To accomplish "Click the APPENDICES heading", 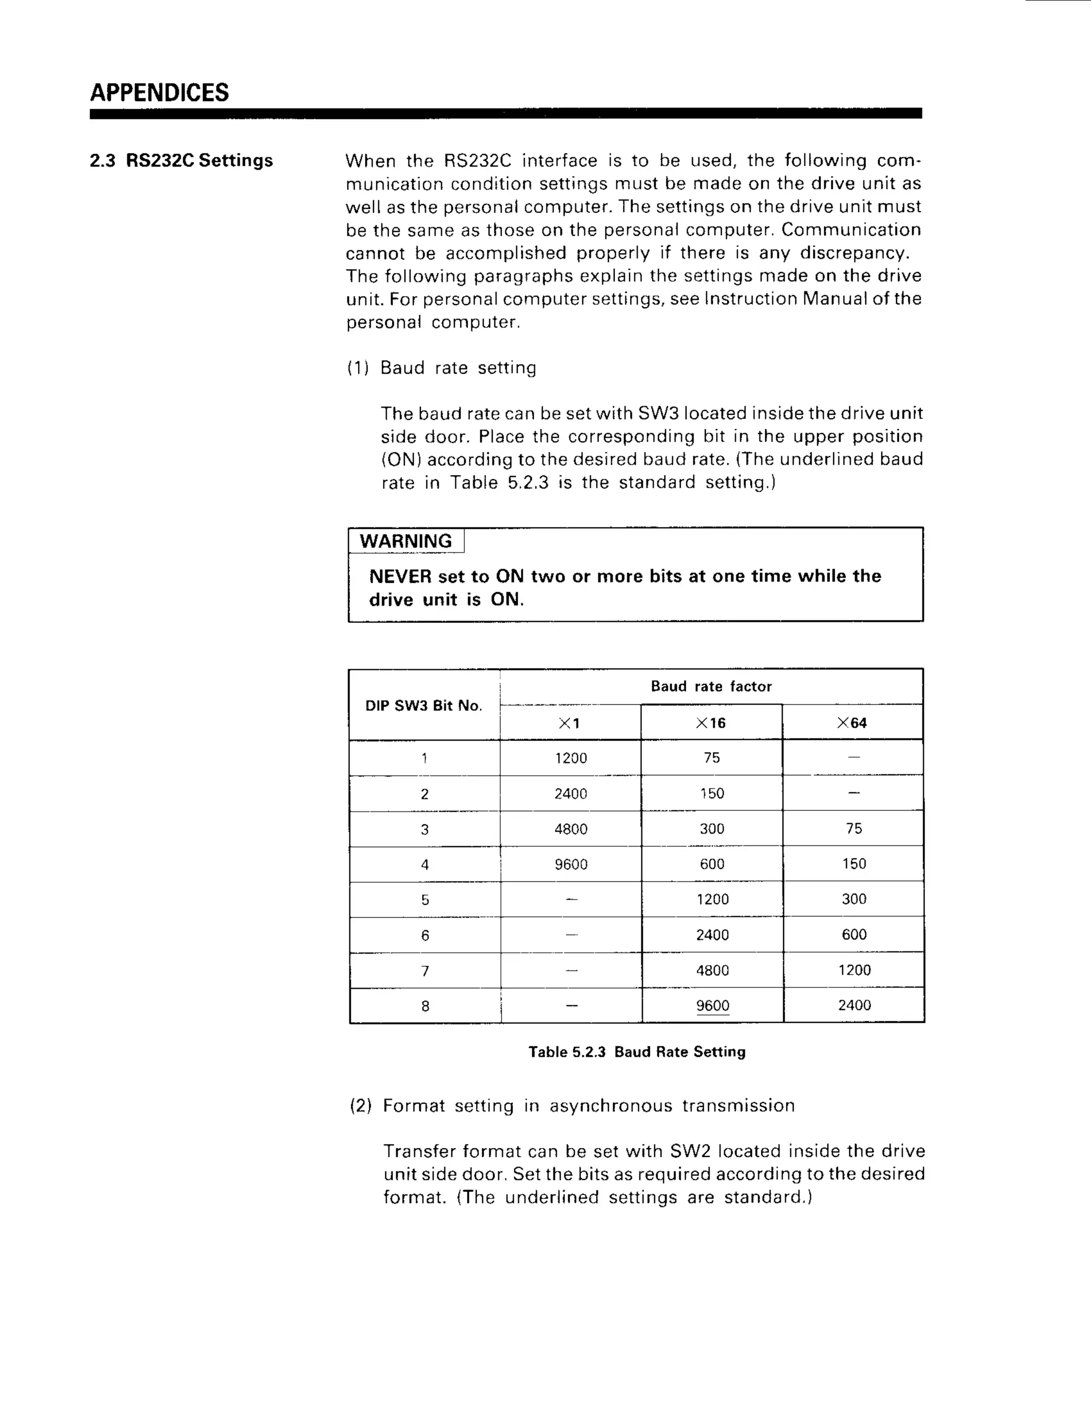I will [159, 93].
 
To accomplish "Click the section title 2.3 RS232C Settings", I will [181, 160].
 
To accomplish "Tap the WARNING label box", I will [406, 541].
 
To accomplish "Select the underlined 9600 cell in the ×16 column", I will [712, 1006].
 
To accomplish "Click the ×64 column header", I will [852, 723].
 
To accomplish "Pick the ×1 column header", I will [569, 723].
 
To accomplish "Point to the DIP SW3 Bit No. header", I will [424, 705].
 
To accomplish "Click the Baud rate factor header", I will [711, 686].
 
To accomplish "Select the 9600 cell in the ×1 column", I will [571, 864].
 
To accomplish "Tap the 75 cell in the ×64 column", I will [854, 829].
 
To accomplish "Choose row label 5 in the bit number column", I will [425, 900].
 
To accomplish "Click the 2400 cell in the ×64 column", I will [854, 1005].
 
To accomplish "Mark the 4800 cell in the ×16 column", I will [712, 970].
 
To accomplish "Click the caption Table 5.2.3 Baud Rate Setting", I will [637, 1052].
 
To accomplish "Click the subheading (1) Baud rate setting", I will [442, 367].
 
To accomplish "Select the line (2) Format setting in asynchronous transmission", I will [572, 1105].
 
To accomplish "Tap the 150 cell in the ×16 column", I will [712, 793].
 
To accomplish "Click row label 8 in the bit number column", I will [425, 1006].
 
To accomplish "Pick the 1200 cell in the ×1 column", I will [571, 758].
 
